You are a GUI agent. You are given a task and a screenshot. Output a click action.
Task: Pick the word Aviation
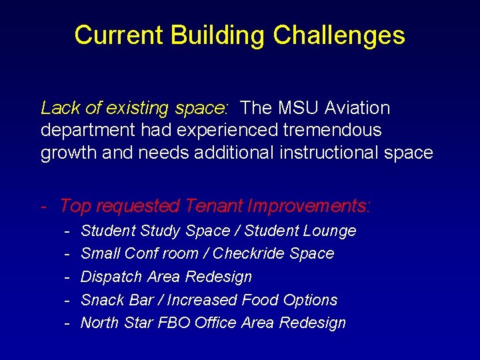(x=357, y=108)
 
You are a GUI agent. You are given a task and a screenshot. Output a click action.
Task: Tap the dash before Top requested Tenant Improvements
(x=44, y=207)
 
